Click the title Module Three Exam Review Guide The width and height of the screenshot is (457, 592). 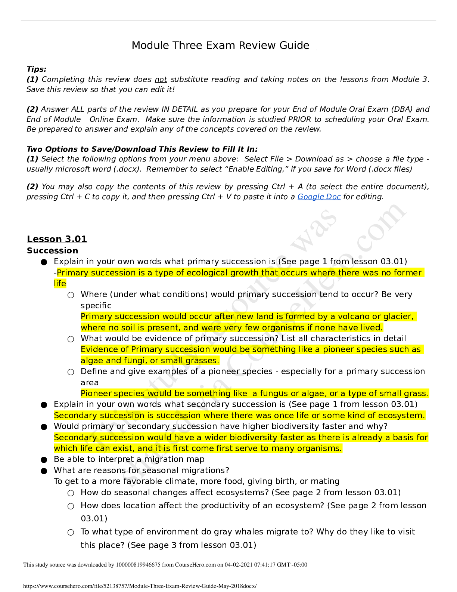[x=220, y=46]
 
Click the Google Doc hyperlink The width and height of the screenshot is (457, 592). [x=319, y=197]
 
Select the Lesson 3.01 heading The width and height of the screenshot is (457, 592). [x=57, y=239]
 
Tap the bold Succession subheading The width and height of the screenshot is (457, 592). [x=52, y=251]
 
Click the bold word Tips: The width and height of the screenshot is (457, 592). [x=37, y=69]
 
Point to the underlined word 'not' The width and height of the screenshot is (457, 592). [x=161, y=80]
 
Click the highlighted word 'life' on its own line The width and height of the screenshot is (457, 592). [x=60, y=284]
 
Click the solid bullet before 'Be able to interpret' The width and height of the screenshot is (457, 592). [x=44, y=460]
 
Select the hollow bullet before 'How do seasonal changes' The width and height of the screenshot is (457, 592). [x=71, y=493]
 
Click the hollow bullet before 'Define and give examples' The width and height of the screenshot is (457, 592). [x=71, y=372]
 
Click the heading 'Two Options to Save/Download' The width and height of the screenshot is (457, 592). [x=142, y=149]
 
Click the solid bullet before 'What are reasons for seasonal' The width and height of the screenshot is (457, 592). [x=44, y=471]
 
